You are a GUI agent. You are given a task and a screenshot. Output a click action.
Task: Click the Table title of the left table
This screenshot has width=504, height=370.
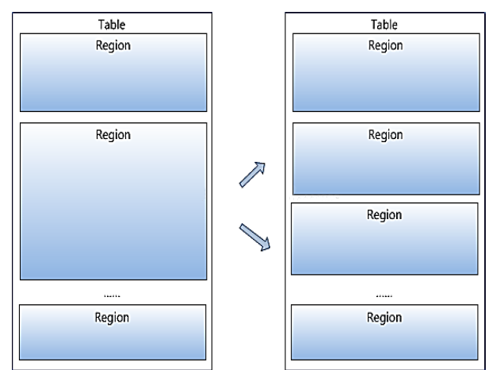(x=112, y=25)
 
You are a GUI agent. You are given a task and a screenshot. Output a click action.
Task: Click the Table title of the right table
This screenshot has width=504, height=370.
(x=384, y=25)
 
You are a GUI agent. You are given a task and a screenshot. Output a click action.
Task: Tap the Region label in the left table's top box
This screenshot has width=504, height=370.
(x=113, y=45)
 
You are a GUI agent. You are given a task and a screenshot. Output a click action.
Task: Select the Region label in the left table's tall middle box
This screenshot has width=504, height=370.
(x=113, y=135)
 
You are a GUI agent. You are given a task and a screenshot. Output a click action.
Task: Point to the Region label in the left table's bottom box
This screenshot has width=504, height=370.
(x=112, y=318)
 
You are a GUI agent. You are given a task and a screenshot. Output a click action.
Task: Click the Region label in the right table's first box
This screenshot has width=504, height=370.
(x=385, y=45)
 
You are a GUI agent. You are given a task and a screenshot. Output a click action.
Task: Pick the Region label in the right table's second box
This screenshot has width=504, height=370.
(x=385, y=135)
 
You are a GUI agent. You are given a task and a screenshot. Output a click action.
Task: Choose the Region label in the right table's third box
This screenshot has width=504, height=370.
(x=384, y=215)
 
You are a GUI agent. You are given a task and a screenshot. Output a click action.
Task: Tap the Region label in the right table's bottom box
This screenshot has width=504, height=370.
(x=384, y=318)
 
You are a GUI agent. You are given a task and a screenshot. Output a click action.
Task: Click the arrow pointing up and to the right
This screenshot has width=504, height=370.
(x=253, y=175)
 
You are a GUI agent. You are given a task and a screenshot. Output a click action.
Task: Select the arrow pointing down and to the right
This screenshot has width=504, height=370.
(x=255, y=237)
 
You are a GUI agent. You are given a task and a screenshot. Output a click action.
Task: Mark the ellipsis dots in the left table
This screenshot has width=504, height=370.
(x=113, y=295)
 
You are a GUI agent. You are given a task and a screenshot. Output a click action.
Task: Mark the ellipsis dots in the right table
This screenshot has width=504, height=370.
(x=384, y=295)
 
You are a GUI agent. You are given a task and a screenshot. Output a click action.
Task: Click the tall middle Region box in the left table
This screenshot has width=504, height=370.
(x=113, y=201)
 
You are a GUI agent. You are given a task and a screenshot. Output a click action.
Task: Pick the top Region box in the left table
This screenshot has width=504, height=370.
(x=113, y=72)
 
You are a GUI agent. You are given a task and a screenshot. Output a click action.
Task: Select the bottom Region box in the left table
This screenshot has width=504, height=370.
(x=113, y=333)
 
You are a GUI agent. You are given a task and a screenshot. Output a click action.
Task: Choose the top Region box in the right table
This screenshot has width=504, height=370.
(x=386, y=72)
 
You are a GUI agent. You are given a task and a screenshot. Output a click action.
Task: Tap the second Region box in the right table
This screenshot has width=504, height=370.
(x=386, y=159)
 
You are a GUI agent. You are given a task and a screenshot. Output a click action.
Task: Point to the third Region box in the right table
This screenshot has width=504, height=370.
(x=384, y=239)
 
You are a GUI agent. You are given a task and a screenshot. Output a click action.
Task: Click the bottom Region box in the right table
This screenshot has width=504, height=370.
(x=384, y=333)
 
